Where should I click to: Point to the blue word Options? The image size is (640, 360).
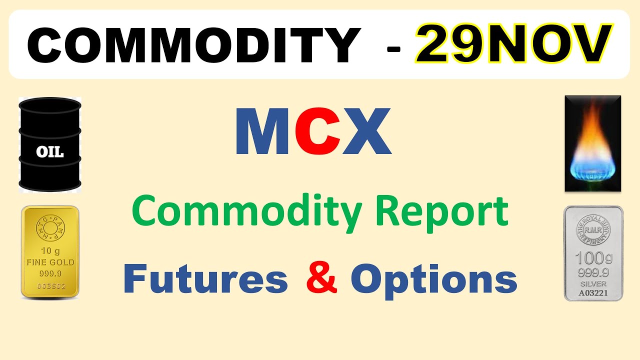pos(433,280)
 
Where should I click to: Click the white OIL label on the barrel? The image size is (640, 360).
pos(50,152)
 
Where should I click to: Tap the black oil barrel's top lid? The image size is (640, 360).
pos(50,104)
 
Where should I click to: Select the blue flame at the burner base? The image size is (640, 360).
pos(593,167)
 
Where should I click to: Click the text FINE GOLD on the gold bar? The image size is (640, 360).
pos(50,262)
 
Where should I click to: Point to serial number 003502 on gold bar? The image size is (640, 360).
pos(50,286)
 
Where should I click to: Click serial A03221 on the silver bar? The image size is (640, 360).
pos(593,293)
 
